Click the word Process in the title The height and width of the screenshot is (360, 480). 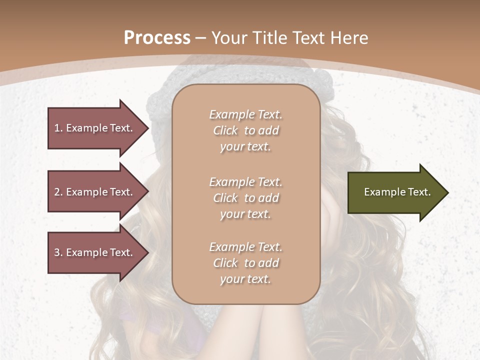click(x=157, y=38)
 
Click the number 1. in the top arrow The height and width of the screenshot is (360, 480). click(x=58, y=128)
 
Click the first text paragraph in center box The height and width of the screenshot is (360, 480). click(x=245, y=130)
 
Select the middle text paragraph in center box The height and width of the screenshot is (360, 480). click(x=245, y=198)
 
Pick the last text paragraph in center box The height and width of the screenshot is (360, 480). click(x=245, y=263)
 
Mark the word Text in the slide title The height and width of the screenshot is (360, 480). click(x=307, y=38)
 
